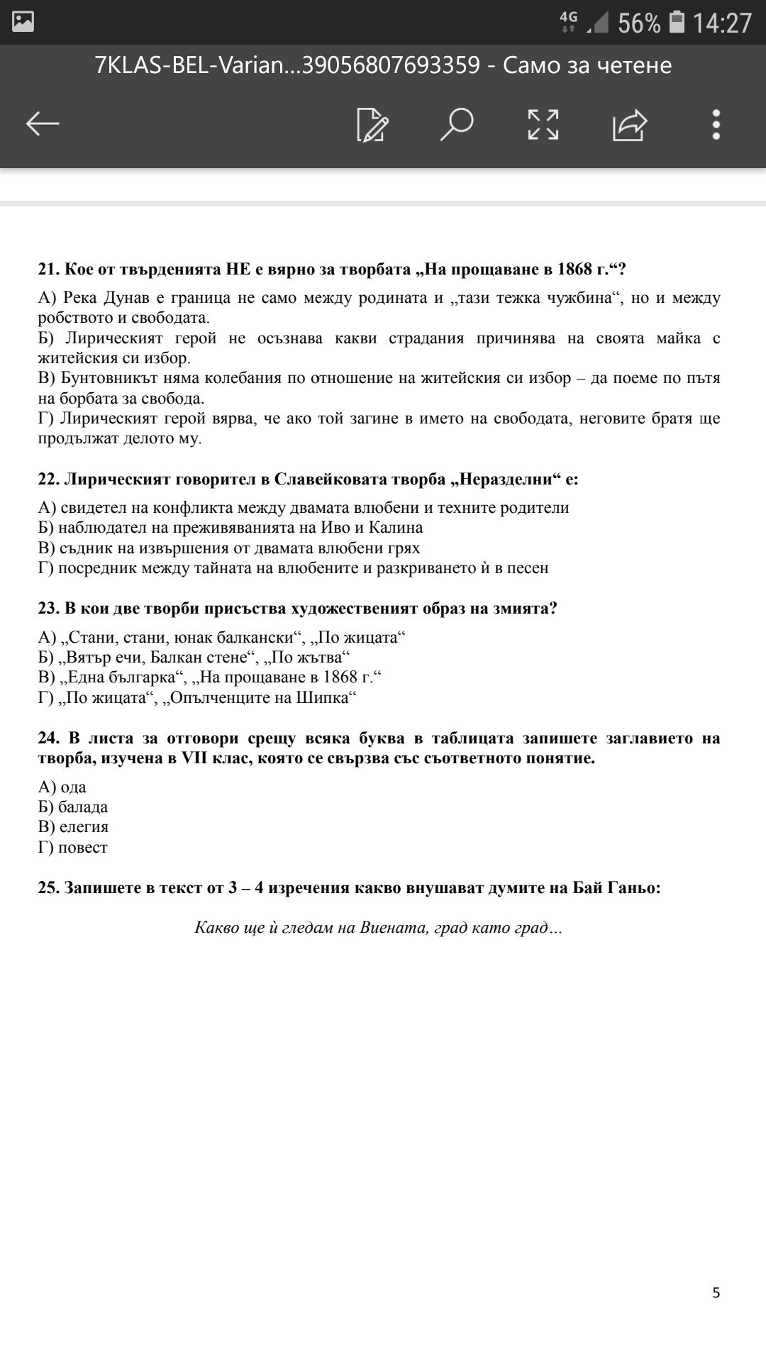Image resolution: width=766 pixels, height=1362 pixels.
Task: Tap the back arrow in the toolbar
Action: tap(43, 124)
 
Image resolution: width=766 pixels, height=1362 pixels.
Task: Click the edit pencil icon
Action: tap(372, 125)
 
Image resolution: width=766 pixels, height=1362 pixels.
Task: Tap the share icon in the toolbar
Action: tap(630, 125)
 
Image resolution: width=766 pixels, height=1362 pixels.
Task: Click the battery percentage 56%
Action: tap(638, 23)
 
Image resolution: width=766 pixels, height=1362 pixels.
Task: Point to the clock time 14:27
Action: tap(721, 23)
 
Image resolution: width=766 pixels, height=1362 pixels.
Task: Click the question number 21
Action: tap(48, 270)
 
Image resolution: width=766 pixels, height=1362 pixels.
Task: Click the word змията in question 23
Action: tap(524, 609)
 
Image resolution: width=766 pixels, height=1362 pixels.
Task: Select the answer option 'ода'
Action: tap(73, 787)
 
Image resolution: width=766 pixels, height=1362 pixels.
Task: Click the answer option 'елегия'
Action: tap(84, 827)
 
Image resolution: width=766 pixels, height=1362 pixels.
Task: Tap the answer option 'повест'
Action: tap(83, 848)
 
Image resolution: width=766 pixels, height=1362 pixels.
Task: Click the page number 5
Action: tap(716, 1292)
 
